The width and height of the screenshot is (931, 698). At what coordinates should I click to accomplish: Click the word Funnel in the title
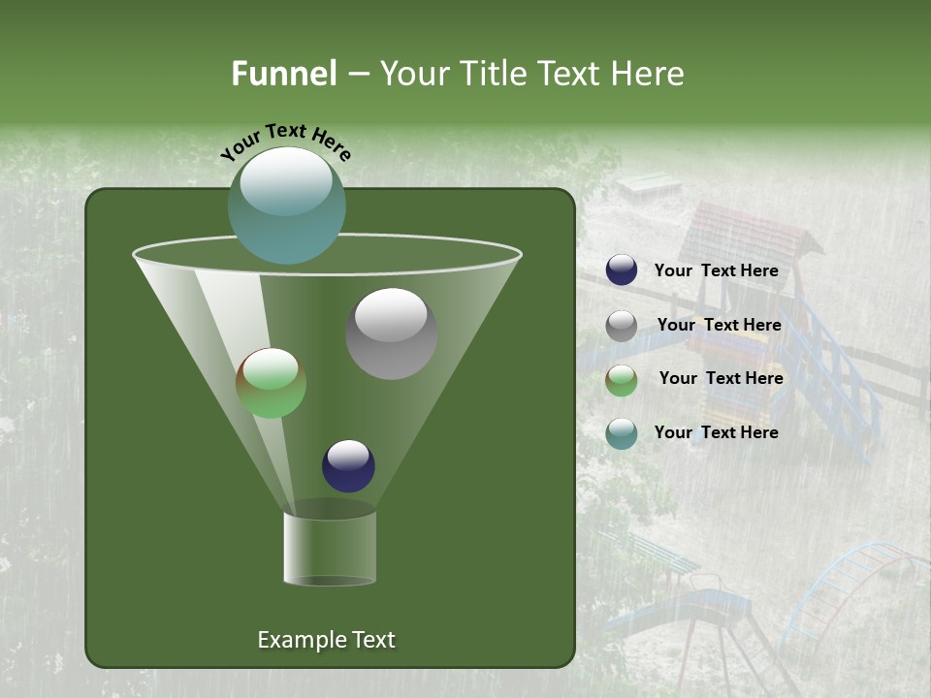[284, 74]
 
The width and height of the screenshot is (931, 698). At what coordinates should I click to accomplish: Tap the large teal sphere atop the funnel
[286, 205]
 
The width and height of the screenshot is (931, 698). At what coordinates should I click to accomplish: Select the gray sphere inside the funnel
[391, 333]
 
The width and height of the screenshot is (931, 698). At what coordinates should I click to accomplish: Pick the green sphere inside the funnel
[272, 383]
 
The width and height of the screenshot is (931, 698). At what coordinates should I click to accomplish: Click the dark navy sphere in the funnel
[348, 465]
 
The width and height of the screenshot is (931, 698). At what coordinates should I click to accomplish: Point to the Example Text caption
[326, 640]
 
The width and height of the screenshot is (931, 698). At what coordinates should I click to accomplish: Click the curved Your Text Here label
[286, 141]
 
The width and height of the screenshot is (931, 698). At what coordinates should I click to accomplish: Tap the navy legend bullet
[622, 270]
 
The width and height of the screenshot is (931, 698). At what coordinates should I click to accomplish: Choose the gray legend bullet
[622, 326]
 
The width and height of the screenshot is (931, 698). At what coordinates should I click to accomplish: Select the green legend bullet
[622, 380]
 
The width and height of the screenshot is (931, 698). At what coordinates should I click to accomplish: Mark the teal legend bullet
[622, 433]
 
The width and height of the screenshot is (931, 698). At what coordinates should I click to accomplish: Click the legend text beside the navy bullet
[716, 271]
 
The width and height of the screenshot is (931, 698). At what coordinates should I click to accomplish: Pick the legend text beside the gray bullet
[719, 325]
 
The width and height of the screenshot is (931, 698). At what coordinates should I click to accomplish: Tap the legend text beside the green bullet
[721, 378]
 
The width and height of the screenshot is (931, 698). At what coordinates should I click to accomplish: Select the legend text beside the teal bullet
[716, 432]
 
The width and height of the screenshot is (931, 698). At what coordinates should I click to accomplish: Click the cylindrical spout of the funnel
[330, 548]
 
